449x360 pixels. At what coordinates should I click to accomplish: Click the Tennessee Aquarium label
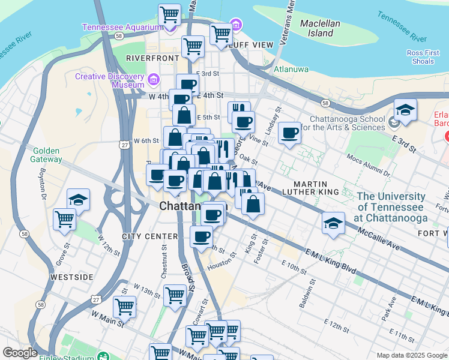click(122, 27)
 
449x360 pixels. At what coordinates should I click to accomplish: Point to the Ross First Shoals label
click(423, 57)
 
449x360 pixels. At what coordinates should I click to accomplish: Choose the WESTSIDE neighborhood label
click(71, 277)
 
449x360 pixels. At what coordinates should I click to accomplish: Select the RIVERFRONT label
click(149, 58)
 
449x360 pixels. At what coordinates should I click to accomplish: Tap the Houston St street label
click(218, 265)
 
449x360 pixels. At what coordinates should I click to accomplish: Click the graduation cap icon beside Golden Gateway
click(78, 200)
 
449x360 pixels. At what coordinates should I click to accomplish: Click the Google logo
click(20, 353)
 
